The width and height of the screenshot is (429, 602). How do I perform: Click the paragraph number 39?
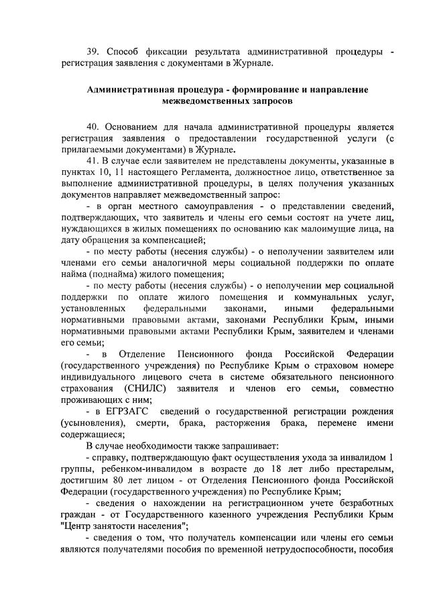point(94,52)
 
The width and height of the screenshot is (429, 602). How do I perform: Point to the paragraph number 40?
point(94,127)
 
